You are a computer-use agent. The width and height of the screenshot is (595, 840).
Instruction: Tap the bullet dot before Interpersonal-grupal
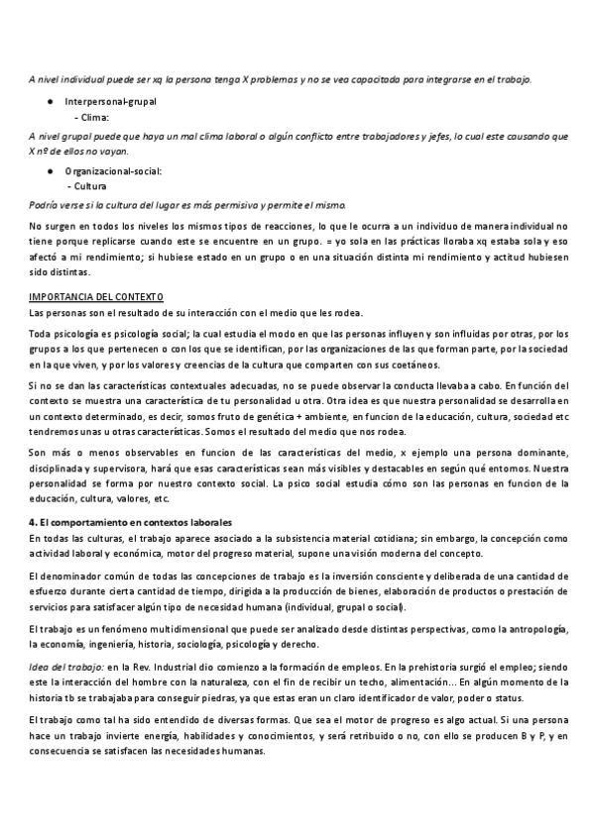[x=52, y=102]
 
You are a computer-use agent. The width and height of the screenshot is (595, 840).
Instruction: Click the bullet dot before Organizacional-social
[x=52, y=171]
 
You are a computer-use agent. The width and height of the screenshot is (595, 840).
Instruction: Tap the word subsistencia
[x=289, y=537]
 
